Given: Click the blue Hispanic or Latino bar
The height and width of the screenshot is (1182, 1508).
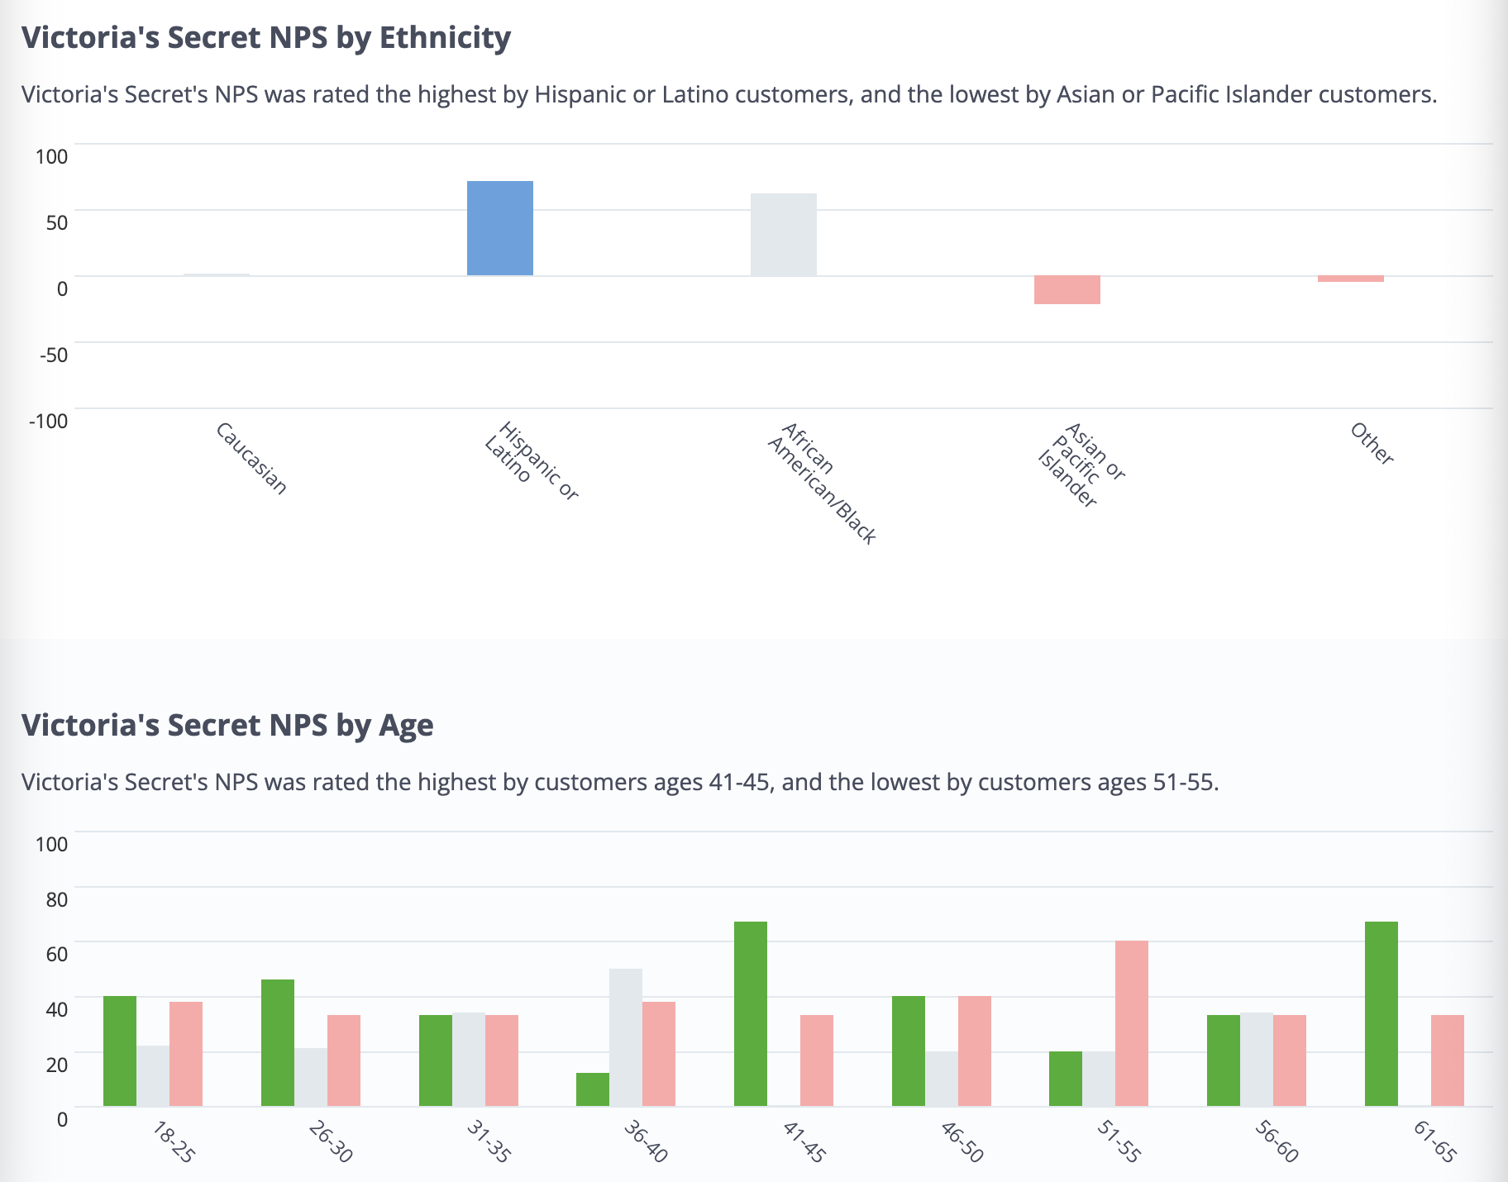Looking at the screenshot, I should pyautogui.click(x=499, y=228).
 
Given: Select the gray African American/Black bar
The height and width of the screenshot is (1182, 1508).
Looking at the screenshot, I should pyautogui.click(x=783, y=235).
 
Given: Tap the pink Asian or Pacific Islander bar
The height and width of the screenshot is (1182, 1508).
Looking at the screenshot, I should pyautogui.click(x=1067, y=290).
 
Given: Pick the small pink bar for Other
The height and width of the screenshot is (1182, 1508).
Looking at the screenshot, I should pyautogui.click(x=1350, y=279).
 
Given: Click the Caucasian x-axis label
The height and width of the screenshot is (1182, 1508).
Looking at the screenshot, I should pyautogui.click(x=251, y=459).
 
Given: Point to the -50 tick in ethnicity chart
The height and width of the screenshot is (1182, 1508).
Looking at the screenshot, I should pyautogui.click(x=51, y=355).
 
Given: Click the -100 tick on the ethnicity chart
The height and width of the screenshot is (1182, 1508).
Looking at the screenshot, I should pyautogui.click(x=48, y=421).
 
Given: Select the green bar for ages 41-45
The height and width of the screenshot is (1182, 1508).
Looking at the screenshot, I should pyautogui.click(x=750, y=1013).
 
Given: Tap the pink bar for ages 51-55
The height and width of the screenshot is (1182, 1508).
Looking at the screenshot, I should pyautogui.click(x=1131, y=1023).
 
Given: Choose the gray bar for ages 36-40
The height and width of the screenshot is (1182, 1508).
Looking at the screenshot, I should pyautogui.click(x=625, y=1037).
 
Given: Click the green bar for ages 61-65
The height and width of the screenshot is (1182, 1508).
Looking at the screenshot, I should pyautogui.click(x=1381, y=1013).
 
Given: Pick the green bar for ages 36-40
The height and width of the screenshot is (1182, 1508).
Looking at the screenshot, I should pyautogui.click(x=592, y=1089).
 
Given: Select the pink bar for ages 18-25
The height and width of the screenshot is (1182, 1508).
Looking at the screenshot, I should pyautogui.click(x=185, y=1054).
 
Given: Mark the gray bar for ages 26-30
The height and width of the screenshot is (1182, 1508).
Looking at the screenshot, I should pyautogui.click(x=310, y=1077).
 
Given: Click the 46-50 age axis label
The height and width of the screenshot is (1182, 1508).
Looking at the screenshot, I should pyautogui.click(x=962, y=1141).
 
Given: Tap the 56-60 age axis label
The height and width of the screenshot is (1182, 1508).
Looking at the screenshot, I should pyautogui.click(x=1277, y=1141).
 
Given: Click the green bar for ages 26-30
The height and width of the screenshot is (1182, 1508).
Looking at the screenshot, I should pyautogui.click(x=277, y=1042).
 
